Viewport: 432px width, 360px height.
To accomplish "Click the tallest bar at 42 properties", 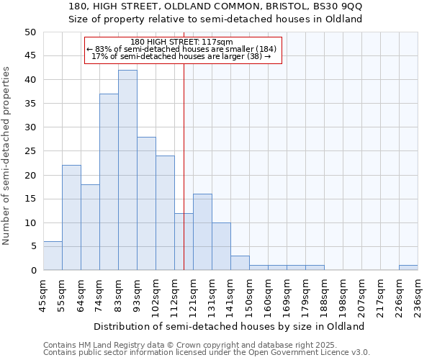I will point(127,170).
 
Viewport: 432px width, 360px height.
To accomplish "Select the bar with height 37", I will point(109,181).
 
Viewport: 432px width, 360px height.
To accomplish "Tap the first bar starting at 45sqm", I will point(53,256).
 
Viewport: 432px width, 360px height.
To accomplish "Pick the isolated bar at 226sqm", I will point(408,267).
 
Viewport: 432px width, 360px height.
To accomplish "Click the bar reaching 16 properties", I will point(202,232).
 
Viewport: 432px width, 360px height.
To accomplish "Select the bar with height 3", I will point(240,263).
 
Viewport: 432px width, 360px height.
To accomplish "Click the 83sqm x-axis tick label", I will point(118,297).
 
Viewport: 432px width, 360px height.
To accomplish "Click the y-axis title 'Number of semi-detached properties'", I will point(7,156).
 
